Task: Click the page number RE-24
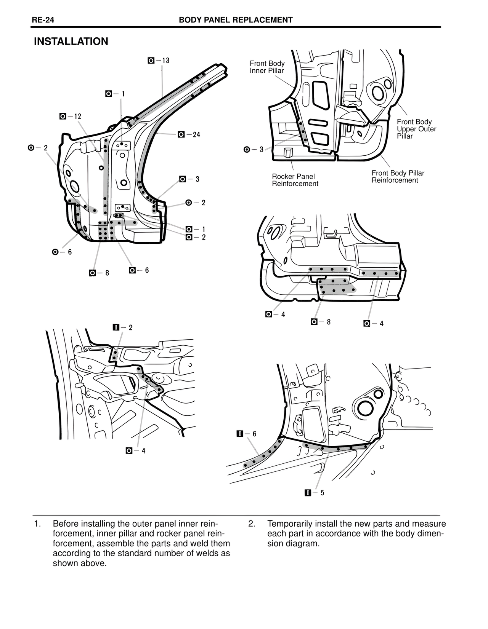pyautogui.click(x=43, y=20)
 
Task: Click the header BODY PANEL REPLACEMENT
pyautogui.click(x=236, y=20)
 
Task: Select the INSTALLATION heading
pyautogui.click(x=71, y=42)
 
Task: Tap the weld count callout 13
pyautogui.click(x=159, y=61)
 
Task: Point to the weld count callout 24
pyautogui.click(x=189, y=134)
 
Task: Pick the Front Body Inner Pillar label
pyautogui.click(x=267, y=67)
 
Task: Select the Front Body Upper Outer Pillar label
pyautogui.click(x=416, y=129)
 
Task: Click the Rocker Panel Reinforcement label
pyautogui.click(x=295, y=180)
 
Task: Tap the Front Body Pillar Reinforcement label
pyautogui.click(x=398, y=177)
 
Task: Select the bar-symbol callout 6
pyautogui.click(x=246, y=434)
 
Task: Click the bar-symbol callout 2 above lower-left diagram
pyautogui.click(x=123, y=327)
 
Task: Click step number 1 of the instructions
pyautogui.click(x=37, y=524)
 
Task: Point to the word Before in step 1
pyautogui.click(x=66, y=524)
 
